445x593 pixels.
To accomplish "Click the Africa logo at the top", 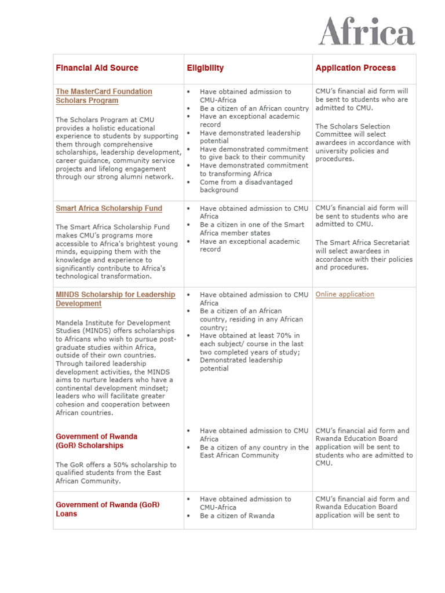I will pos(366,31).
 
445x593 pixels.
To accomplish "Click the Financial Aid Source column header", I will pos(97,68).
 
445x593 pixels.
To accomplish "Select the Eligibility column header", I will pos(205,68).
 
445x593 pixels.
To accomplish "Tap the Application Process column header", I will pos(355,68).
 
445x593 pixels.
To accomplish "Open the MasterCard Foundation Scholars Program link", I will pos(104,96).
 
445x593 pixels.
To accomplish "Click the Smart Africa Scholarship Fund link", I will pos(109,208).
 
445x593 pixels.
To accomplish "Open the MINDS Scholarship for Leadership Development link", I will pos(115,299).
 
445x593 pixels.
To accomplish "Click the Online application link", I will pos(345,294).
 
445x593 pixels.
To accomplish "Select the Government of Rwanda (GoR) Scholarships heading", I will pos(97,441).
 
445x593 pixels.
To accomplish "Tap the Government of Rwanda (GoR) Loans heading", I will pos(107,509).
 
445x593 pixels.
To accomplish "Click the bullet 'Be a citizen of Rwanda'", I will pos(237,515).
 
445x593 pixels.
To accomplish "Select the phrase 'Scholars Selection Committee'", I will pos(352,130).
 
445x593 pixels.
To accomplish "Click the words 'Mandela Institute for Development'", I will pos(113,323).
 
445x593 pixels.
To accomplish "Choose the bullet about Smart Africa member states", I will pos(251,229).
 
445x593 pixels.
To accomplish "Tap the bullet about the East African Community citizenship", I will pos(254,451).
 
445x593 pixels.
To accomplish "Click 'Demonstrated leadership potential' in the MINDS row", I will pos(241,364).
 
